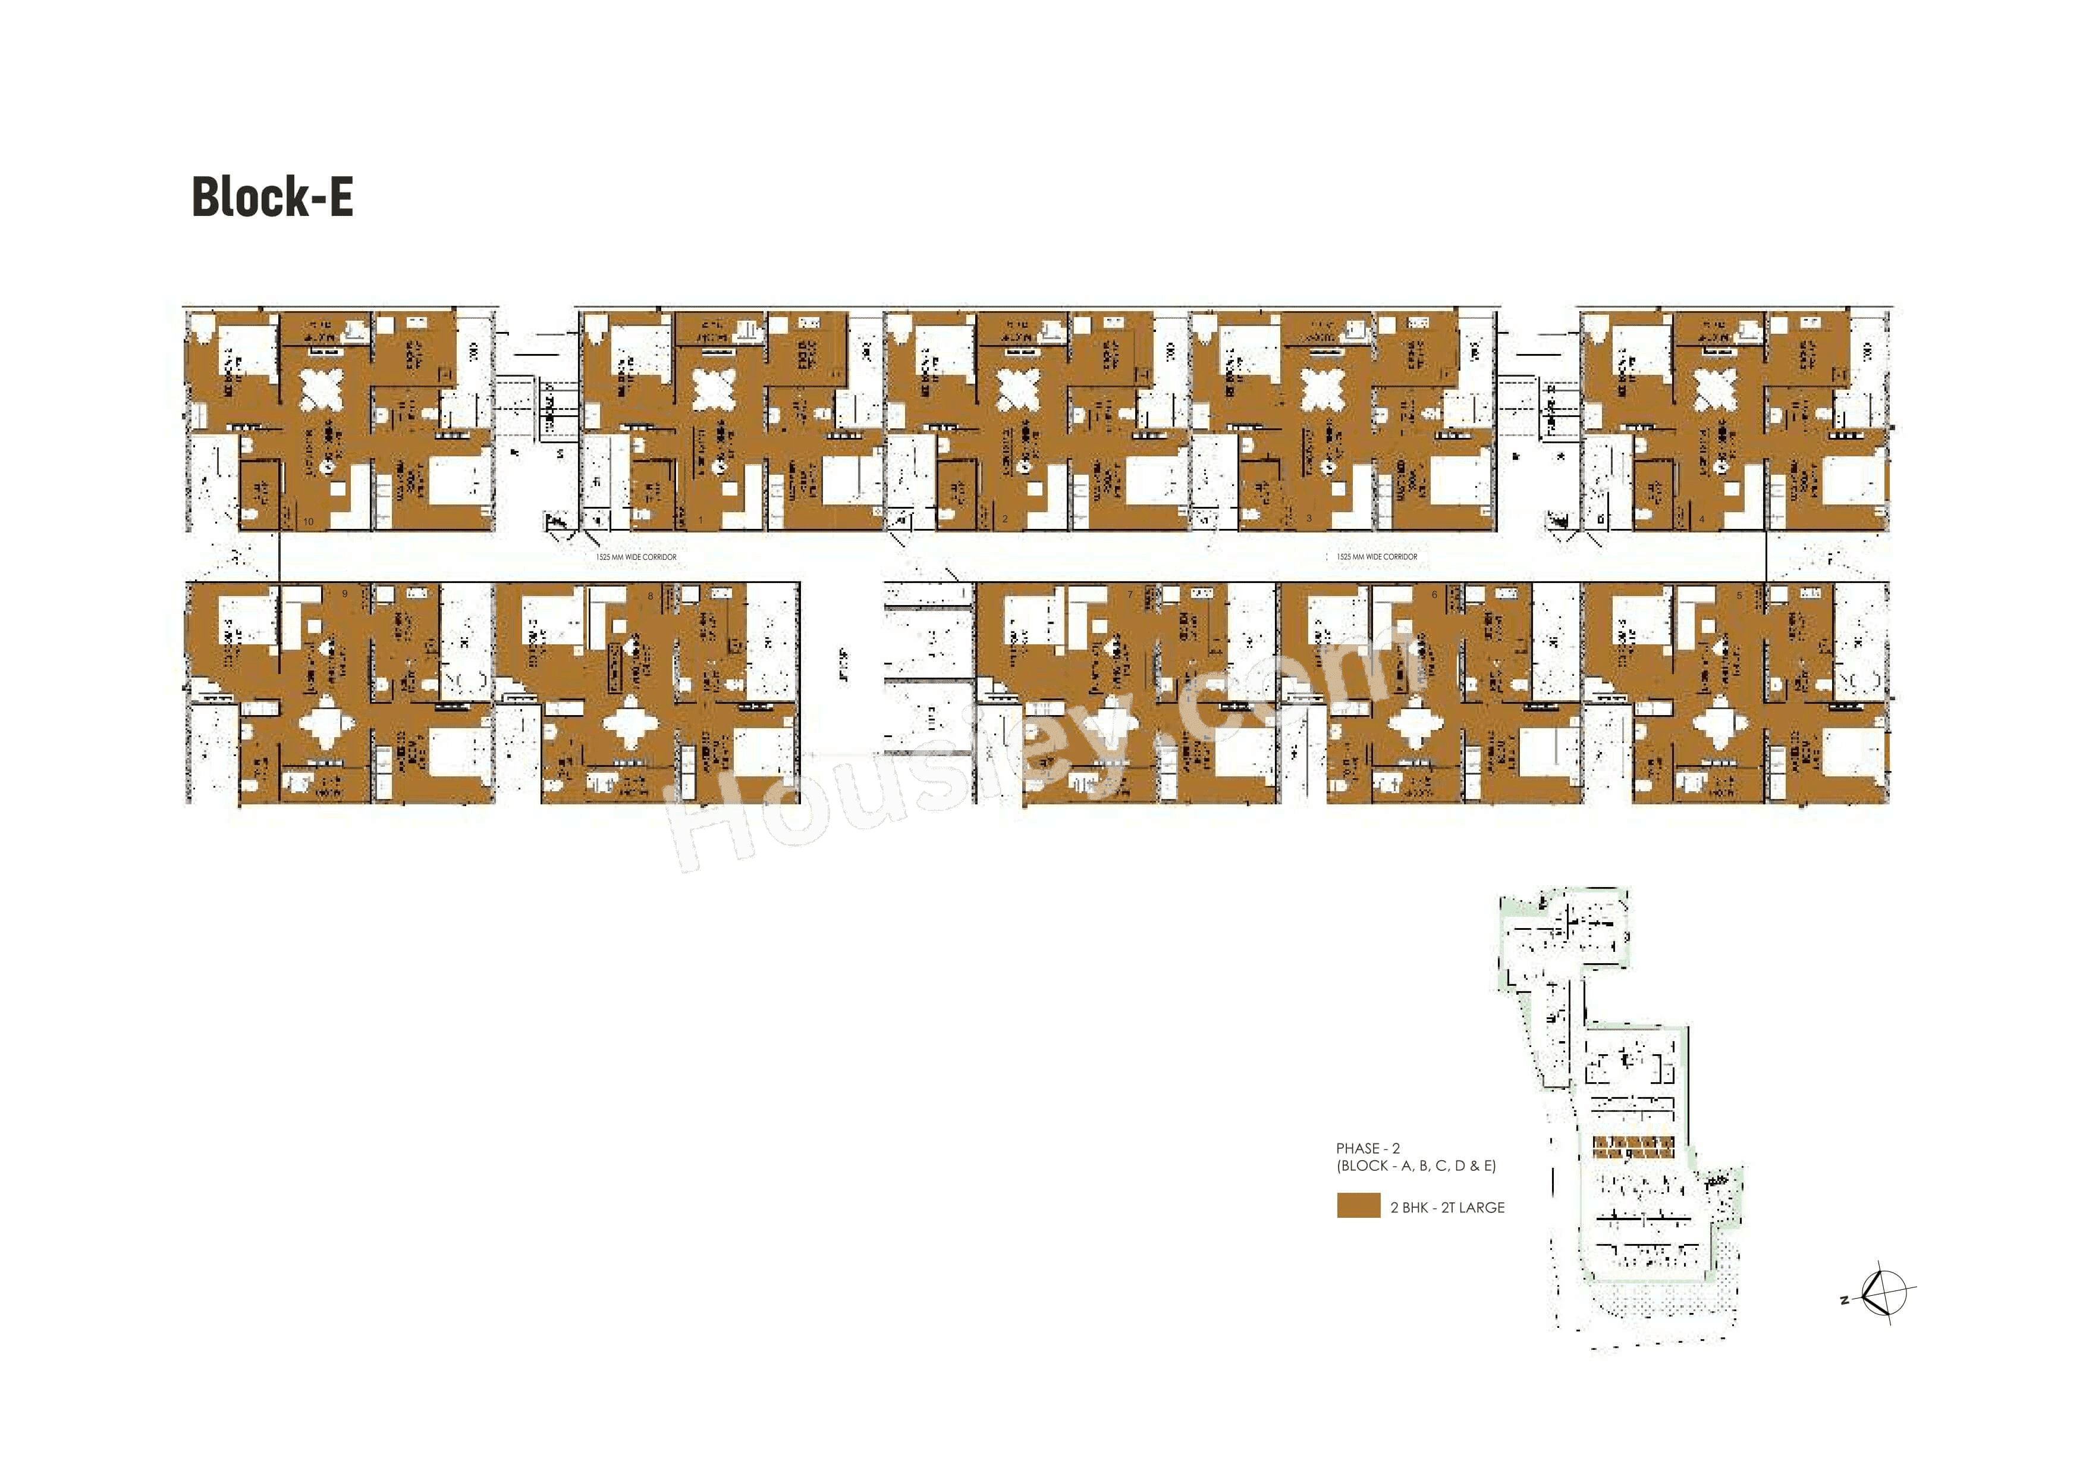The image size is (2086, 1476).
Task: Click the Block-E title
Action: click(x=272, y=196)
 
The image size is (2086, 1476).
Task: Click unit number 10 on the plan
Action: click(x=310, y=521)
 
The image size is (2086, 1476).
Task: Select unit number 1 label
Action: click(x=700, y=520)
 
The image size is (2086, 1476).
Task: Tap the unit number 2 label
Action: click(x=1005, y=520)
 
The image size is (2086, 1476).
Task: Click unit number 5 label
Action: click(x=1739, y=596)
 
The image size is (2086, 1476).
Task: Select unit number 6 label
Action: click(x=1435, y=596)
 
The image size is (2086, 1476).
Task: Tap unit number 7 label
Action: click(x=1130, y=596)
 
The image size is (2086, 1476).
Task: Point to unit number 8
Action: click(x=651, y=596)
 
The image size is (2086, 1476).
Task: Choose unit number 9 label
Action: click(x=345, y=596)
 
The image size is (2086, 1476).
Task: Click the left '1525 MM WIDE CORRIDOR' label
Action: click(x=636, y=557)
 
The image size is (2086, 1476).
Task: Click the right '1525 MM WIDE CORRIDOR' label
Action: click(x=1377, y=557)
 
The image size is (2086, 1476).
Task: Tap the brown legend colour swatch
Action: click(x=1358, y=1206)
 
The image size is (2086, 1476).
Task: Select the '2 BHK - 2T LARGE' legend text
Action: click(x=1447, y=1208)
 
